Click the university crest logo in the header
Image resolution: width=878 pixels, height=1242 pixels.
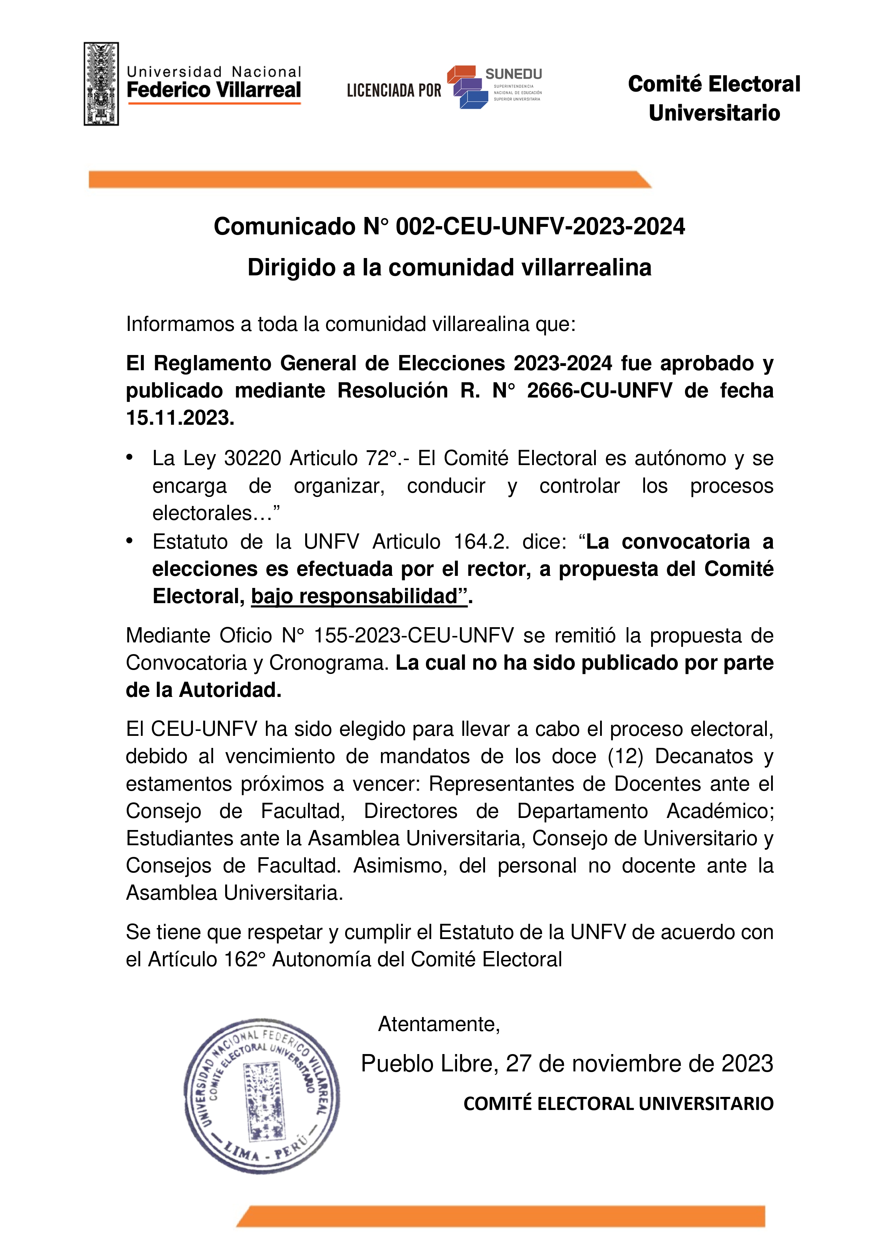(x=101, y=84)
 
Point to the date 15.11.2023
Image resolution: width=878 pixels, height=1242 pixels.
(x=180, y=418)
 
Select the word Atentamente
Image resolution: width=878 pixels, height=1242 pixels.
(x=438, y=1024)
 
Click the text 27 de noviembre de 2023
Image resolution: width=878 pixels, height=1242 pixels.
(x=639, y=1064)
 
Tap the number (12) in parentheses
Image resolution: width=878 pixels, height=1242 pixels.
(x=625, y=756)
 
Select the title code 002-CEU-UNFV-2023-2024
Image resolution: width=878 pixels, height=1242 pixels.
(x=540, y=226)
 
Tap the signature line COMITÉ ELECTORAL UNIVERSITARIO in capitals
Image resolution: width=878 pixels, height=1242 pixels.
(x=618, y=1104)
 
